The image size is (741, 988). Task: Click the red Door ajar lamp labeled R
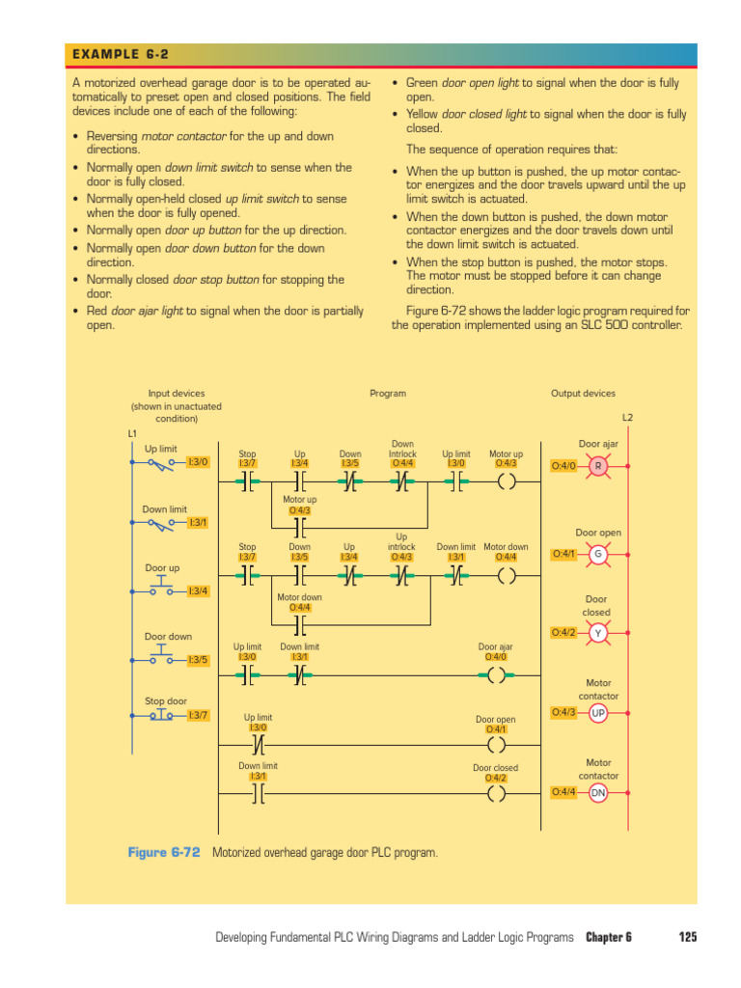click(598, 466)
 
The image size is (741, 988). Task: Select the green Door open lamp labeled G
click(598, 554)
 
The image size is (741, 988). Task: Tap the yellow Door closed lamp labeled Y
click(598, 633)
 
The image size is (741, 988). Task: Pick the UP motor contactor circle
click(598, 713)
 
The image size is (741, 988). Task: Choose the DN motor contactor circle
click(598, 792)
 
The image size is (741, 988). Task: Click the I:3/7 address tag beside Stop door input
click(197, 715)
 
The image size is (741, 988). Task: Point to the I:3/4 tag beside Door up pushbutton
click(197, 590)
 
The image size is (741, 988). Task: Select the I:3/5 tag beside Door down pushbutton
click(197, 660)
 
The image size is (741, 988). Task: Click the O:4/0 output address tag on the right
click(563, 466)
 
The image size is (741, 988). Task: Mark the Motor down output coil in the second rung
click(506, 576)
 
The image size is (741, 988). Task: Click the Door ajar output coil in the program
click(496, 675)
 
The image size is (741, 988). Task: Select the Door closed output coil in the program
click(496, 794)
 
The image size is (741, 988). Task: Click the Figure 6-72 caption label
click(164, 853)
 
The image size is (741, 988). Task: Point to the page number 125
click(687, 937)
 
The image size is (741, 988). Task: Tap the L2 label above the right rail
click(627, 418)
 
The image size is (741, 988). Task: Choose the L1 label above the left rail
click(132, 433)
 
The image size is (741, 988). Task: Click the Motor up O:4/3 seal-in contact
click(299, 528)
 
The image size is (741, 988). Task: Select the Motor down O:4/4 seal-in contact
click(299, 624)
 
